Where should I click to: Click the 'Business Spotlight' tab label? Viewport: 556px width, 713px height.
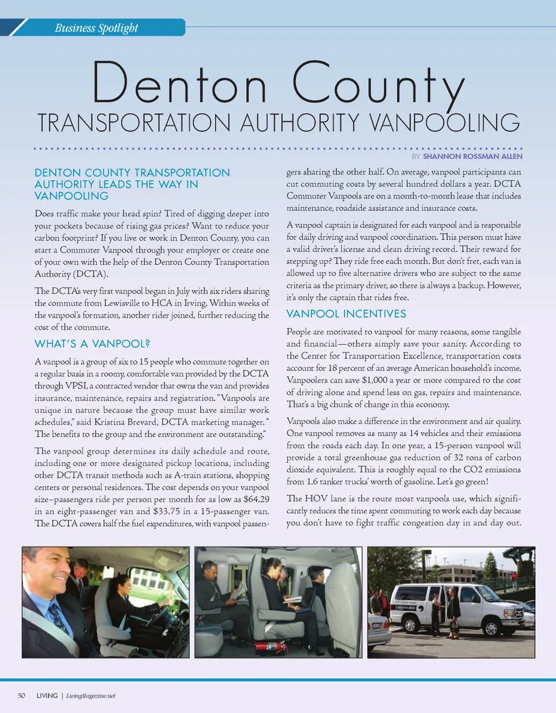pos(96,27)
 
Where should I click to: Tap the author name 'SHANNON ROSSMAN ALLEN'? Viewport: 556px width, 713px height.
pos(473,157)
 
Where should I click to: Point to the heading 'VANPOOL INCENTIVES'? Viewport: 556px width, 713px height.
pos(346,314)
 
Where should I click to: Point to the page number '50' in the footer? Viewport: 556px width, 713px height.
pos(22,696)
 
